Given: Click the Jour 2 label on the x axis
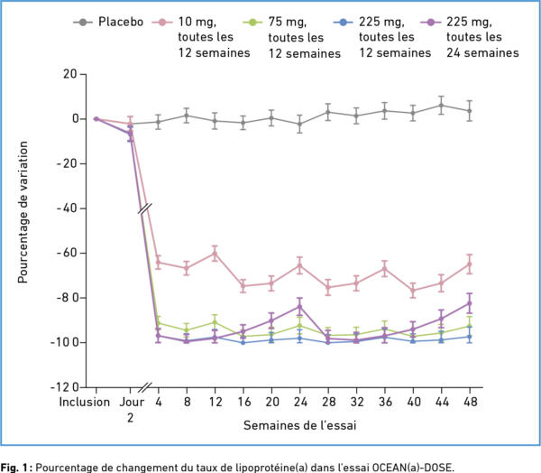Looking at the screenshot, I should (x=130, y=409).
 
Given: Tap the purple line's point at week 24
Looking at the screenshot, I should (x=300, y=306).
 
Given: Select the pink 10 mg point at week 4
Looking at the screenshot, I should (x=159, y=263).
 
